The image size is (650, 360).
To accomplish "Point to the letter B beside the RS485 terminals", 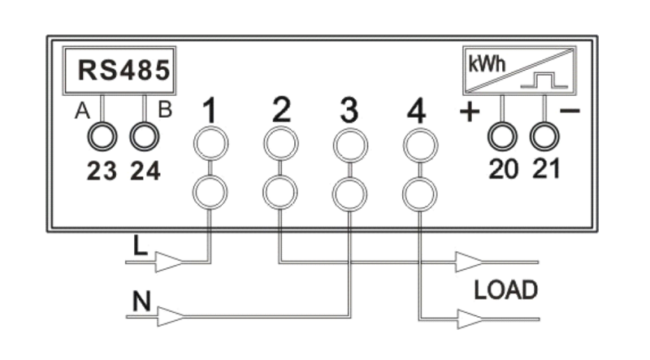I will coord(165,111).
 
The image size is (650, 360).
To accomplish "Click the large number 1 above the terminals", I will coord(210,112).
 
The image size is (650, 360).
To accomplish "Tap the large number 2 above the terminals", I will coord(280,111).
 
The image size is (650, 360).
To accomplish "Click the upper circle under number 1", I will coord(210,145).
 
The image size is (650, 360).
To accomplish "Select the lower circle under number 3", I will coord(349,193).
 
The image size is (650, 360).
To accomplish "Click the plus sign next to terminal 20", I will coord(469,113).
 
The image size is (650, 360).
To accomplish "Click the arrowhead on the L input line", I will coord(168,262).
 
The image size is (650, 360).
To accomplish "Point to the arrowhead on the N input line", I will coord(172,315).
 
